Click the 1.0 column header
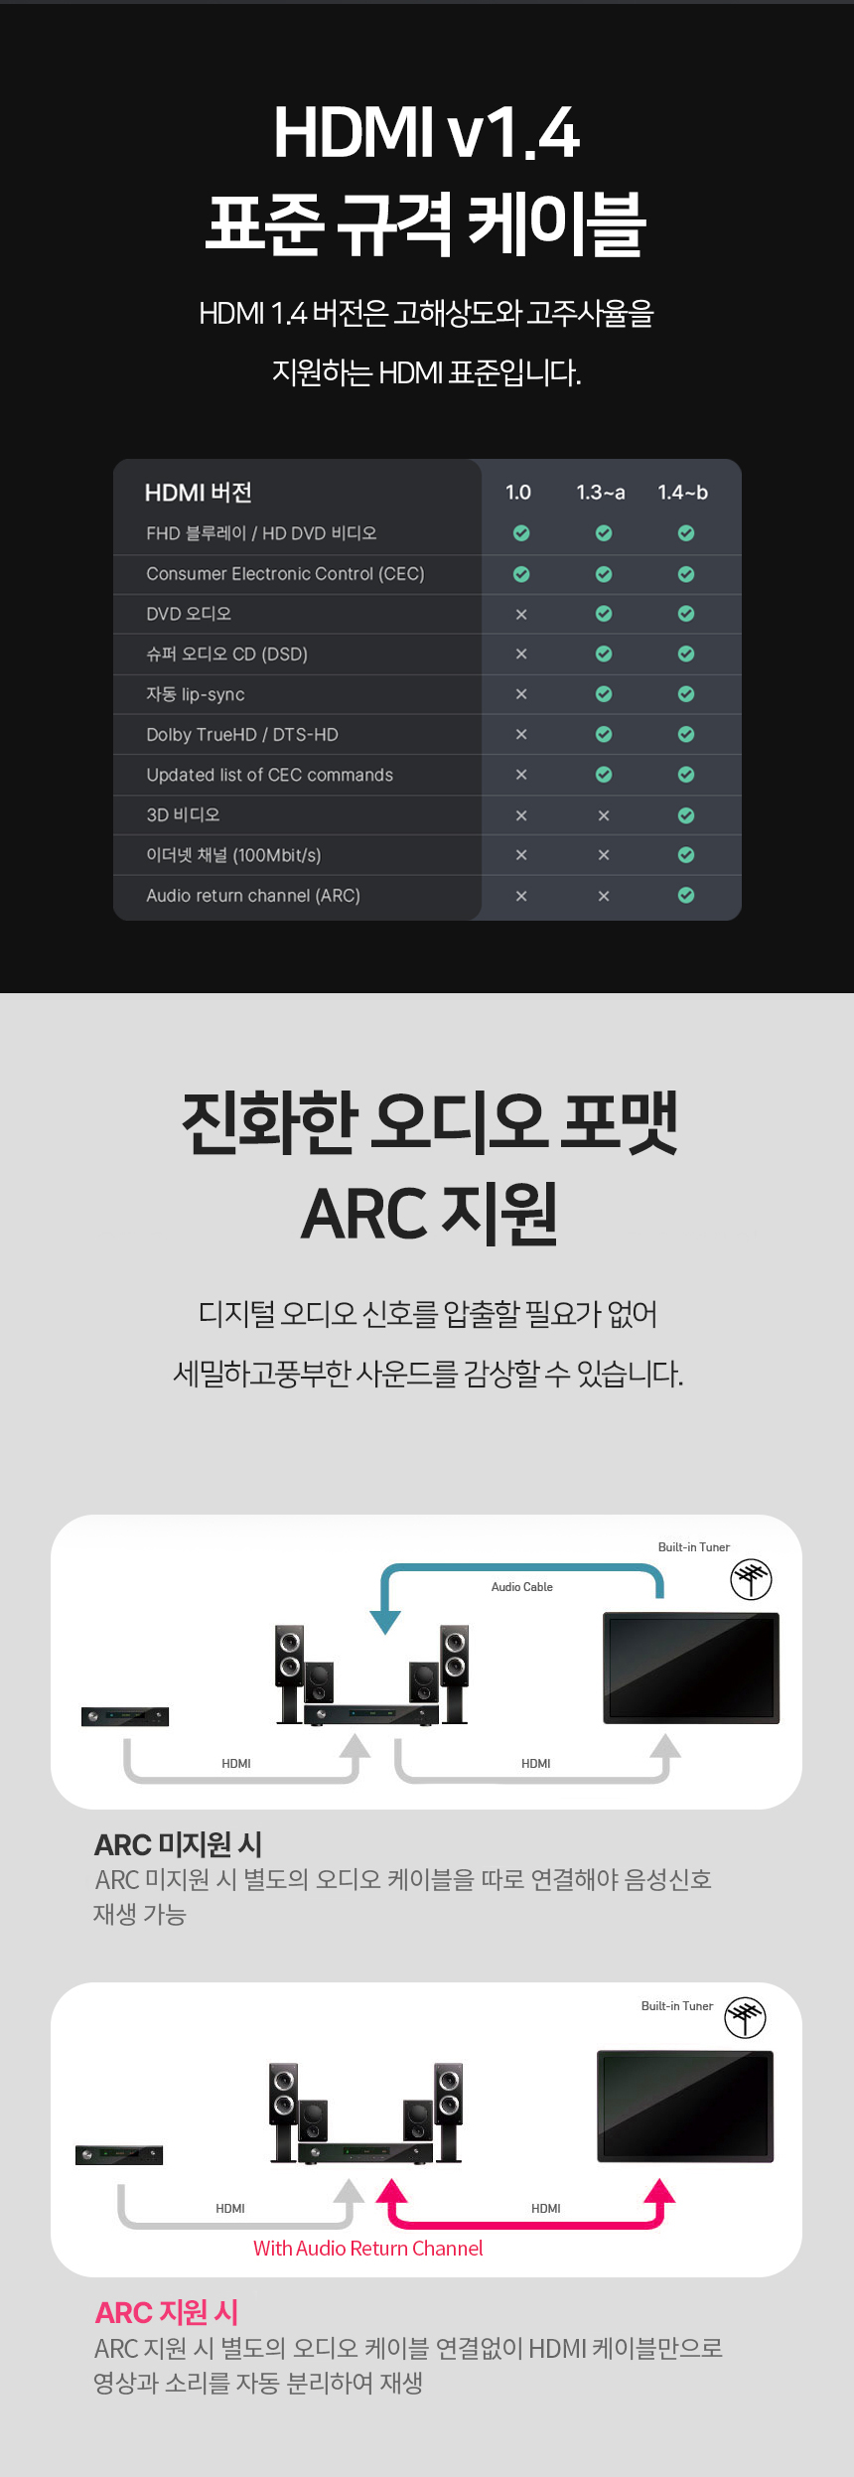[x=518, y=493]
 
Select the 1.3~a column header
[x=601, y=493]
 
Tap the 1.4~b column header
[x=683, y=493]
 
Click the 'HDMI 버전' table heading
[x=199, y=493]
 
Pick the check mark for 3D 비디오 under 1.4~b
[x=686, y=815]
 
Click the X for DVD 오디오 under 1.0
[x=521, y=615]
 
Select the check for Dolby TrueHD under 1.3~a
[x=604, y=735]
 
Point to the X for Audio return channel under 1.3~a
[x=604, y=896]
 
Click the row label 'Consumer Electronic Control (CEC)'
[x=285, y=574]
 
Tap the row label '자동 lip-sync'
[x=196, y=694]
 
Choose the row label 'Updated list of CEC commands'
[x=270, y=775]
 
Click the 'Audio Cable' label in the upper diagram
[x=522, y=1587]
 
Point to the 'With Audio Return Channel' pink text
[x=368, y=2249]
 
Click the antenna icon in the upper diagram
[x=752, y=1579]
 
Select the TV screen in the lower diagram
[x=685, y=2107]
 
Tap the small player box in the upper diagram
[x=125, y=1716]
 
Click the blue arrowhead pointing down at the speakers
[x=385, y=1622]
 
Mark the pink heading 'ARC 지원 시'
[x=167, y=2313]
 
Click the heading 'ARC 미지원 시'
[x=179, y=1844]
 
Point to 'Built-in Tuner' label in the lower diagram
[x=677, y=2006]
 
